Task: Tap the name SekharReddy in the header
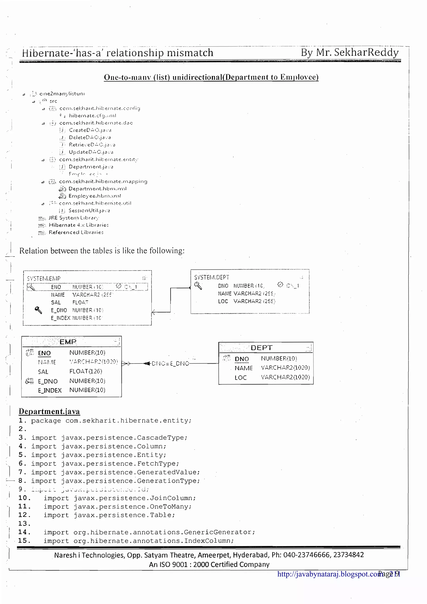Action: click(x=366, y=52)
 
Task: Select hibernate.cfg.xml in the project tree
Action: click(x=92, y=115)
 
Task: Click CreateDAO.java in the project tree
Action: click(x=90, y=130)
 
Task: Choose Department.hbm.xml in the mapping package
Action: click(x=97, y=189)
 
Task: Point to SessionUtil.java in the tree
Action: click(x=89, y=211)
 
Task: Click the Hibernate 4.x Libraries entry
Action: click(x=78, y=225)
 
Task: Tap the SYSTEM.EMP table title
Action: click(x=44, y=278)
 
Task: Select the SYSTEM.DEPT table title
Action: click(x=212, y=277)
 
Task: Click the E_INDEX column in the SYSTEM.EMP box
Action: click(x=60, y=318)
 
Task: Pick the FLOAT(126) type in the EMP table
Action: click(x=85, y=371)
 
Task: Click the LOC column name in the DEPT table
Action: click(x=240, y=377)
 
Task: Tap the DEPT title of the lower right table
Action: click(x=261, y=348)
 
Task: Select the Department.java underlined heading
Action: click(x=49, y=411)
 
